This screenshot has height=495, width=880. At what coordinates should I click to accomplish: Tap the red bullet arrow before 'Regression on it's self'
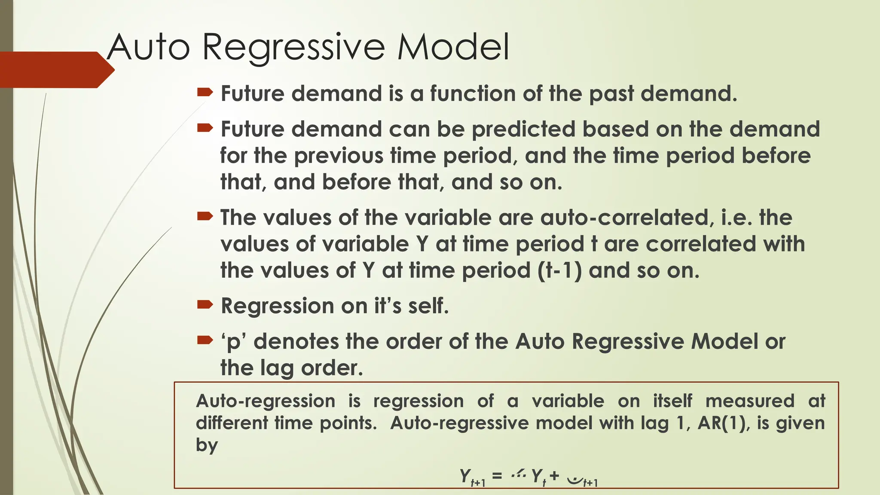pyautogui.click(x=205, y=305)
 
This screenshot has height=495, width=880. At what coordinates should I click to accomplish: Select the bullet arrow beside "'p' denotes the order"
pyautogui.click(x=205, y=341)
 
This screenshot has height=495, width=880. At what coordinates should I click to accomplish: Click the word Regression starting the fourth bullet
pyautogui.click(x=277, y=306)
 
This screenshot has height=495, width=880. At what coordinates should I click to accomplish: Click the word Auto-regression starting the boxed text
pyautogui.click(x=265, y=401)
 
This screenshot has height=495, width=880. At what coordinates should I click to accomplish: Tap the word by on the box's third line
pyautogui.click(x=207, y=445)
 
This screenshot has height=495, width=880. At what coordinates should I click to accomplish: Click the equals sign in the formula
pyautogui.click(x=497, y=476)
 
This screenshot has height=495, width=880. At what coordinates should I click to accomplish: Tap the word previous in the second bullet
pyautogui.click(x=339, y=156)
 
